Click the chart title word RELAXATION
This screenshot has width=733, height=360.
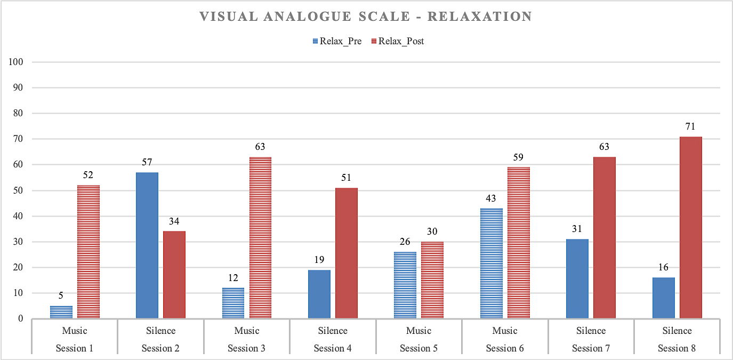479,17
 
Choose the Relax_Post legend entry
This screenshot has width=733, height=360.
401,41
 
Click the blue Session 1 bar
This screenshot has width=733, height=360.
61,312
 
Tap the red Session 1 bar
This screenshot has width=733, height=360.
88,252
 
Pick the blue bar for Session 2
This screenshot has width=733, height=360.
147,245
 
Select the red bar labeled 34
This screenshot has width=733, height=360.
174,275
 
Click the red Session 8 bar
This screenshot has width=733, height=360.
691,228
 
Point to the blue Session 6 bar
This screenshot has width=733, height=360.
492,263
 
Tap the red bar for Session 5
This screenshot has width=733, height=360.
432,280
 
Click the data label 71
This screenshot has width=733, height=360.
691,126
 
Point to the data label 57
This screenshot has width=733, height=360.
147,162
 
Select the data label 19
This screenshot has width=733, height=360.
319,260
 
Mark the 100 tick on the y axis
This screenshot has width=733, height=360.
17,62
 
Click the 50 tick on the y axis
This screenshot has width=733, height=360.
19,190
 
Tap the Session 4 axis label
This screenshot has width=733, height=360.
333,348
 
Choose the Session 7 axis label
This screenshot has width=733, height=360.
591,348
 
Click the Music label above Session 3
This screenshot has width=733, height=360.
246,331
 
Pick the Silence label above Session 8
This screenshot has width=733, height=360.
677,331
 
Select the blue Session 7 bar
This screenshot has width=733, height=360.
577,279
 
